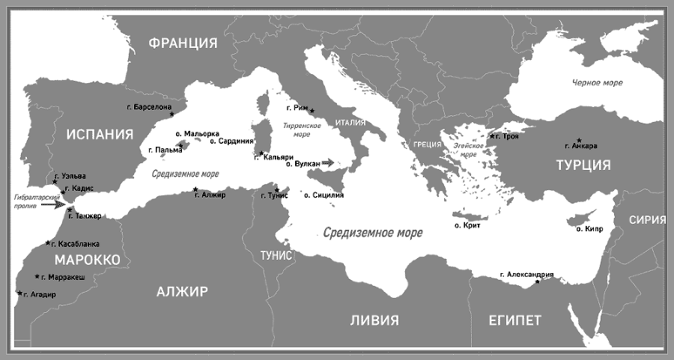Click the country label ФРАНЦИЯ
click(183, 43)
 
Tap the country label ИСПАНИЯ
click(100, 135)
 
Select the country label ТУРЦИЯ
click(583, 165)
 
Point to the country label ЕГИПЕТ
click(514, 320)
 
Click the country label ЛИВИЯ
click(374, 320)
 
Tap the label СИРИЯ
click(648, 219)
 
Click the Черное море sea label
click(598, 82)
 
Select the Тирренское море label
click(297, 131)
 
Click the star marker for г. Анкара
click(580, 140)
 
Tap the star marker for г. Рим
click(312, 111)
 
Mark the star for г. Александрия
click(538, 281)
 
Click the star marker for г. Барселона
click(171, 115)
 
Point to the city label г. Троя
click(506, 136)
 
